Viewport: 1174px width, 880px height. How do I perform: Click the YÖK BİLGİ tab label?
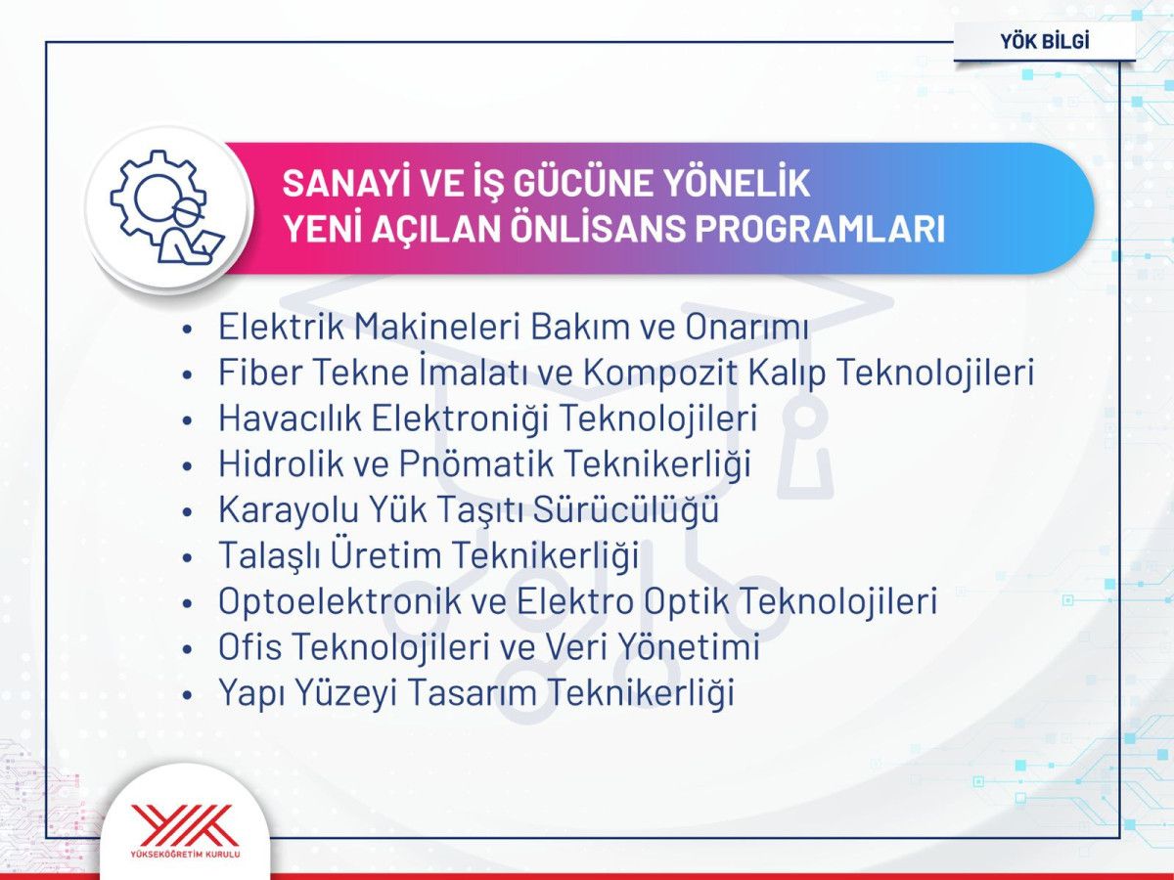[x=1044, y=41]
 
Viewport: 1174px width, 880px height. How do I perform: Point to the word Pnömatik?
[x=453, y=463]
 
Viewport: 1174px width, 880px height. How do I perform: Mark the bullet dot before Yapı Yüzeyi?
[x=189, y=694]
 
